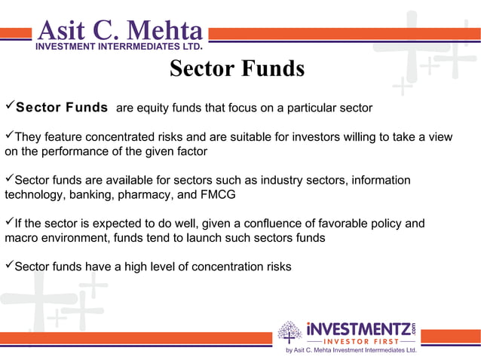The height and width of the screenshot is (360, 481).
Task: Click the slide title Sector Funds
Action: click(237, 69)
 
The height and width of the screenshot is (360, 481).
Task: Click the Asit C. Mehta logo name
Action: click(120, 31)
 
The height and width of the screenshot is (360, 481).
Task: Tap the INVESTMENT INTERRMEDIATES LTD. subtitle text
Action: click(118, 47)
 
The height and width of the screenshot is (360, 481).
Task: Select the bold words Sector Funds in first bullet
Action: click(62, 108)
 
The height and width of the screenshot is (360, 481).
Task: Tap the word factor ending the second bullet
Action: click(189, 151)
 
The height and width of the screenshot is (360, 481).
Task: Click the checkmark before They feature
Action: click(9, 136)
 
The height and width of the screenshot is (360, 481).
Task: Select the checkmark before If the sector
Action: click(9, 224)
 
